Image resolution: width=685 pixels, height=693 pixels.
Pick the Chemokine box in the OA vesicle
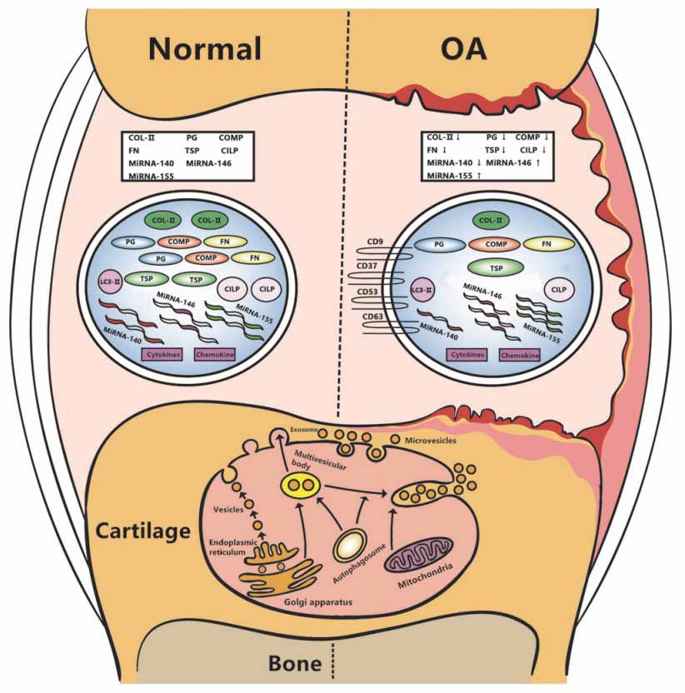coord(520,355)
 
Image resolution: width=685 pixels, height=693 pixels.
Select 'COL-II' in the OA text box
coord(442,136)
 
